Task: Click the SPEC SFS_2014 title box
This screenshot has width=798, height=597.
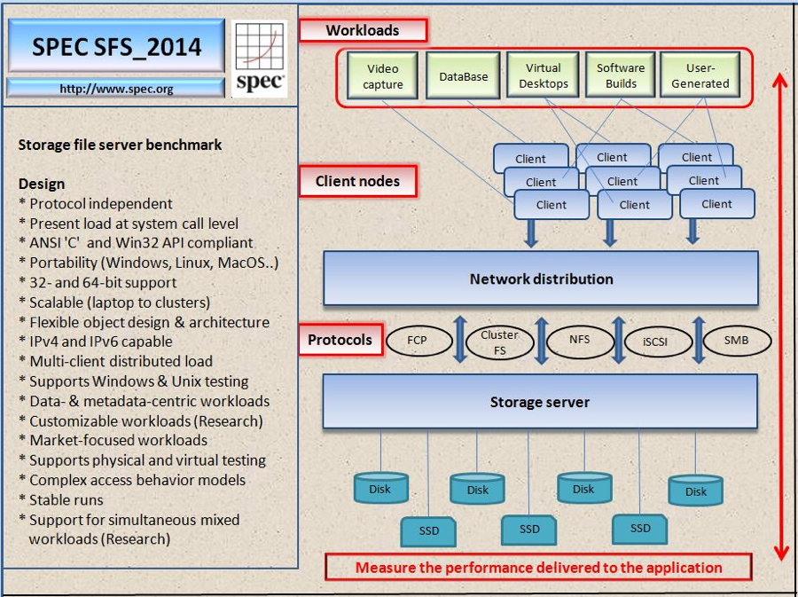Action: point(116,46)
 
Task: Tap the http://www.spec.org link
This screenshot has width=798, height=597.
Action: point(116,89)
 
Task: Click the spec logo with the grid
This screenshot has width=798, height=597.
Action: point(260,59)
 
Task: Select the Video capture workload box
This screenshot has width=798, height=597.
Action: point(382,75)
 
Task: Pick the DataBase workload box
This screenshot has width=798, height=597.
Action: point(463,75)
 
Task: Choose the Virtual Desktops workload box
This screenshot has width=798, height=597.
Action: point(543,75)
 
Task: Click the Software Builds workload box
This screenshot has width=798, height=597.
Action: point(621,75)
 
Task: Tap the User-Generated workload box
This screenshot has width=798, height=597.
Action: point(700,75)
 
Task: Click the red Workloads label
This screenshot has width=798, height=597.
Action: point(363,30)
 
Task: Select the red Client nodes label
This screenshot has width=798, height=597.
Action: point(358,181)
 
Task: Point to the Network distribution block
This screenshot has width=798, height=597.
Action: point(541,279)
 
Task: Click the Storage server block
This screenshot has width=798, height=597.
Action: point(540,402)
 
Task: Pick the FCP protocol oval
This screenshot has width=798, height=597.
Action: point(419,341)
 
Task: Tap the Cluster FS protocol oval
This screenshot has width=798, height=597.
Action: point(500,342)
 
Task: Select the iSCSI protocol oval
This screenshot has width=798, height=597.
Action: point(658,342)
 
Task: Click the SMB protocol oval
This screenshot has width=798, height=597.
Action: point(737,340)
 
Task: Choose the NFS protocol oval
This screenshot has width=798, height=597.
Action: point(580,340)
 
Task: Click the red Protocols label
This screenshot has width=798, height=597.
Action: point(340,340)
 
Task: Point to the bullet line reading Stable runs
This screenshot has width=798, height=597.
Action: point(61,499)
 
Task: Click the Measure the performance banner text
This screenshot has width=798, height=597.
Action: point(538,568)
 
